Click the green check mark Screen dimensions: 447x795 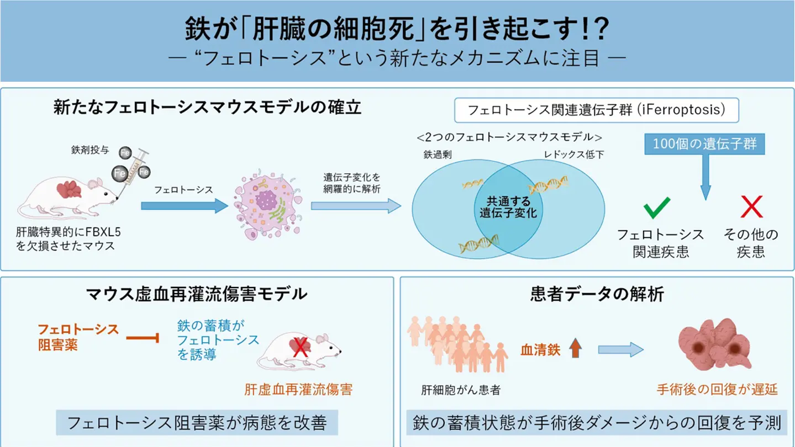(x=657, y=207)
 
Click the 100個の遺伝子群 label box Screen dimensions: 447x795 (x=704, y=145)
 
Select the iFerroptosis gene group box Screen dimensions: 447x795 (x=597, y=110)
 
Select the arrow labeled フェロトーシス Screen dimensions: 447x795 (x=184, y=206)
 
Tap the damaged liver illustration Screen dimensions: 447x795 (x=714, y=345)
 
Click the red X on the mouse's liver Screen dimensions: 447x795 (x=300, y=348)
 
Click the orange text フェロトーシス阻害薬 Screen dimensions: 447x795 (x=77, y=337)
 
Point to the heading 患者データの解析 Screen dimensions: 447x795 (x=597, y=295)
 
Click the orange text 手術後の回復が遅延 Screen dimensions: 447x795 (x=717, y=389)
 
